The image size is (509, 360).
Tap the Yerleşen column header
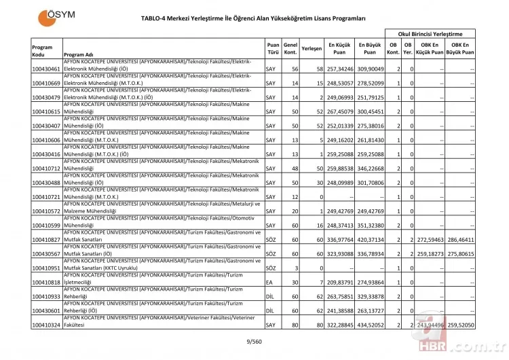312,48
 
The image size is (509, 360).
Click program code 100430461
46,69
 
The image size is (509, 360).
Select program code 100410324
46,325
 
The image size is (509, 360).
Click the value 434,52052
369,325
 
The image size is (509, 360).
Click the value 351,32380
369,226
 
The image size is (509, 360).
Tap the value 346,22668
369,168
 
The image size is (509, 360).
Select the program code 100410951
46,268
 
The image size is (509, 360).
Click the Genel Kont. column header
290,48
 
